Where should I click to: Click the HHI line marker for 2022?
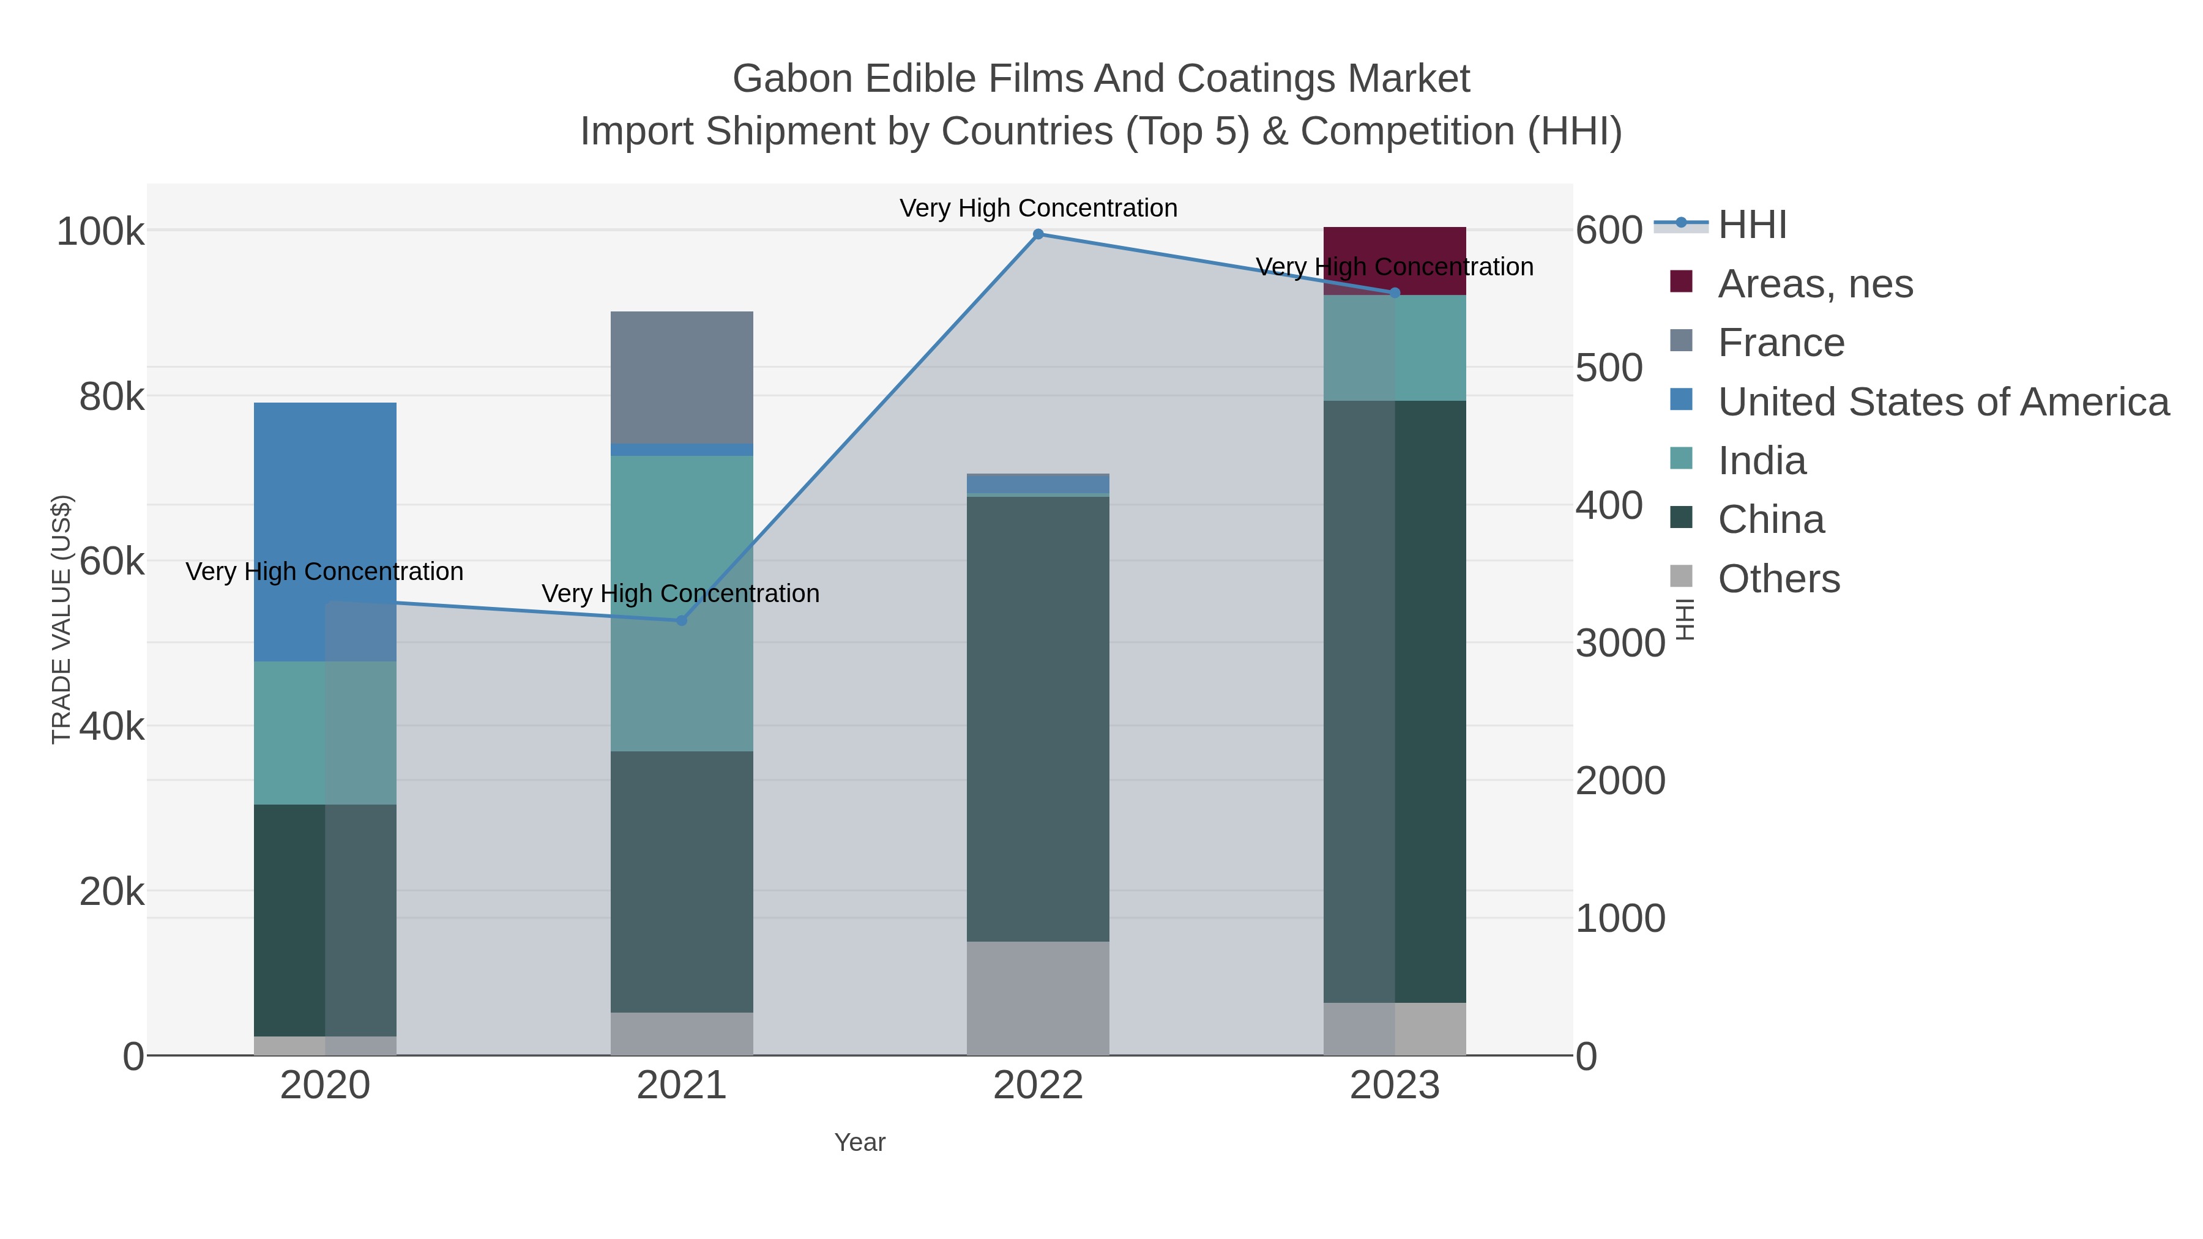coord(1038,234)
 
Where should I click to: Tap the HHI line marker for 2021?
coord(682,621)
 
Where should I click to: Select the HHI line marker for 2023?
coord(1395,293)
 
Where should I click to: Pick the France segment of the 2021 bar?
coord(682,377)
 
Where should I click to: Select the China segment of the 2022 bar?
coord(1038,718)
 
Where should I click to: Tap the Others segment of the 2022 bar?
coord(1038,998)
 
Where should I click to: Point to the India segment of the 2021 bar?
coord(682,603)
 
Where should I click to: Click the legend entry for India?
coord(1762,461)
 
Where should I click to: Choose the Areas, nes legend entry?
coord(1815,284)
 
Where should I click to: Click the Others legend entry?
coord(1779,579)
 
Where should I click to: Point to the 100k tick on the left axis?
coord(100,232)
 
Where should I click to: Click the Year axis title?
coord(860,1142)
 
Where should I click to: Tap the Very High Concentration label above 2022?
coord(1038,208)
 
